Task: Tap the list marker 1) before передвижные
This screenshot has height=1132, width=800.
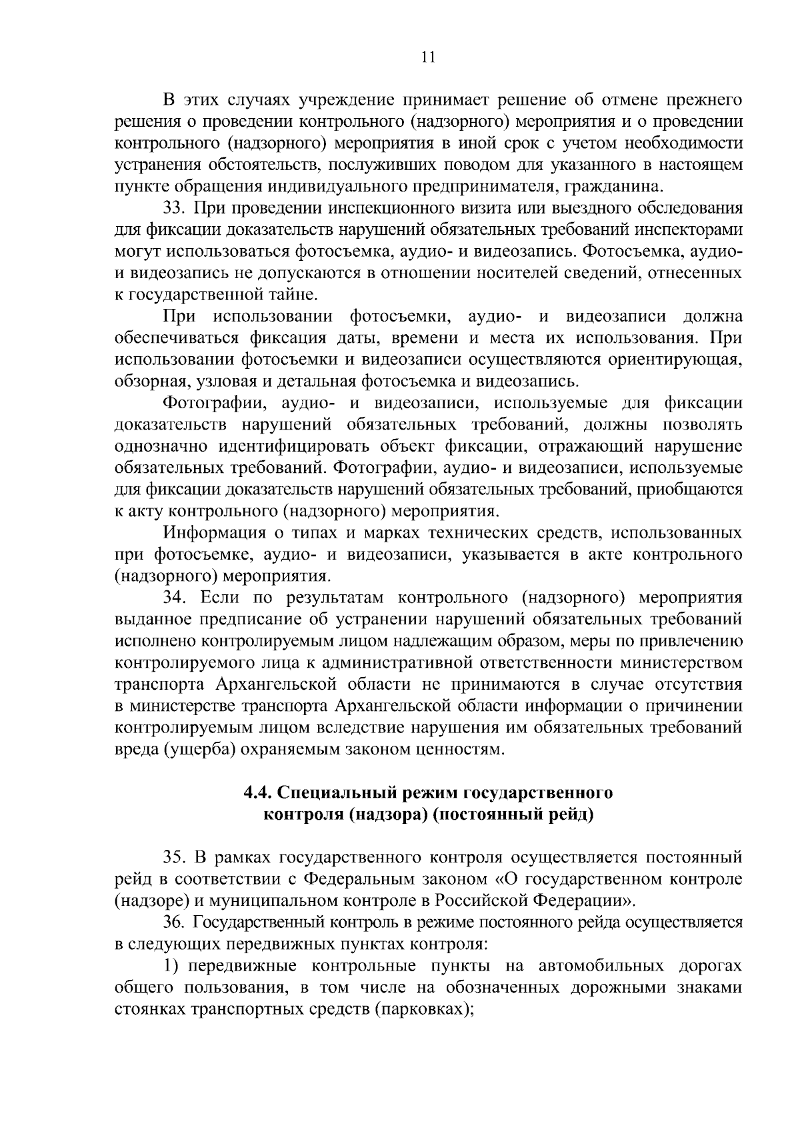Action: pyautogui.click(x=171, y=966)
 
